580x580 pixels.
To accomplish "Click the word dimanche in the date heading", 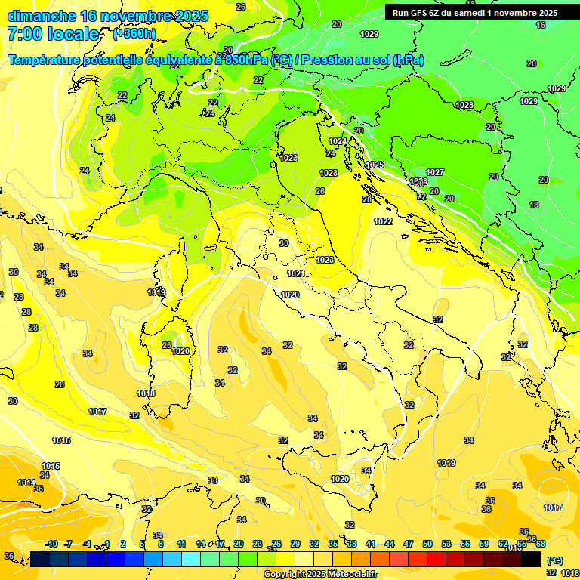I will pyautogui.click(x=42, y=16).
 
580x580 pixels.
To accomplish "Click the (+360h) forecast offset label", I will pyautogui.click(x=134, y=34).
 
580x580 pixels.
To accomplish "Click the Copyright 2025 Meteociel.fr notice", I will pyautogui.click(x=320, y=575).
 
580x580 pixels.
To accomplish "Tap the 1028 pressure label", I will pyautogui.click(x=464, y=106).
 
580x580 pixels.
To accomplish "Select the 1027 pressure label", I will pyautogui.click(x=435, y=173).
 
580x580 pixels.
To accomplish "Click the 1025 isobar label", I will pyautogui.click(x=375, y=165).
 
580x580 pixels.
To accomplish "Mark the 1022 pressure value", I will pyautogui.click(x=383, y=221).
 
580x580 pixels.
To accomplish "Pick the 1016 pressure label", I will pyautogui.click(x=61, y=440).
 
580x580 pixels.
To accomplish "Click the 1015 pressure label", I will pyautogui.click(x=51, y=466).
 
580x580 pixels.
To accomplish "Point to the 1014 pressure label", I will pyautogui.click(x=26, y=483).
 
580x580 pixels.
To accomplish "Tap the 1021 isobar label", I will pyautogui.click(x=296, y=273).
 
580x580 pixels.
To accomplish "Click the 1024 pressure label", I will pyautogui.click(x=338, y=141).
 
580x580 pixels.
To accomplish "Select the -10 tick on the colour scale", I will pyautogui.click(x=51, y=544).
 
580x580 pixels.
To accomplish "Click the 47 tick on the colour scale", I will pyautogui.click(x=409, y=544).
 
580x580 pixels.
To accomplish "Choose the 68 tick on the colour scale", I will pyautogui.click(x=541, y=544).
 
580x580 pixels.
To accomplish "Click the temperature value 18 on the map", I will pyautogui.click(x=534, y=205).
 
